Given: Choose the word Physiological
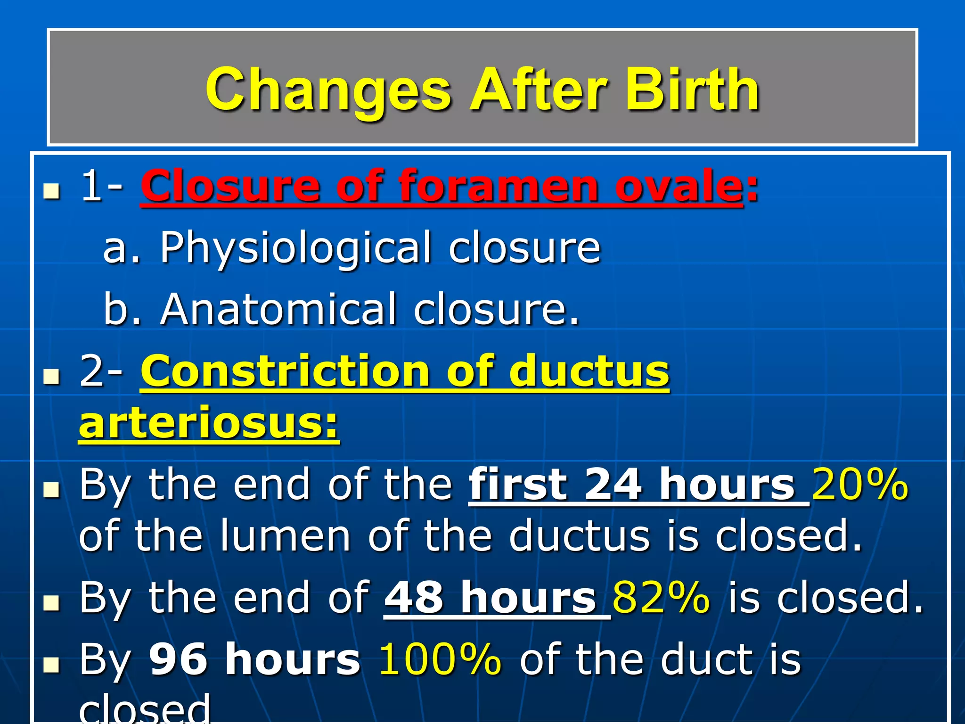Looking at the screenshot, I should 295,248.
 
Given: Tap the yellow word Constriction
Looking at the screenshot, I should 285,371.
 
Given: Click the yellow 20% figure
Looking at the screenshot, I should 859,485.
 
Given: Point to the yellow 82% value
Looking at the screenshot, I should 661,598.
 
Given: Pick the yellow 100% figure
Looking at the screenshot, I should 440,659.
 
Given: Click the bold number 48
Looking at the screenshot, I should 414,598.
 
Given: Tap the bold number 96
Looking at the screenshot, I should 178,659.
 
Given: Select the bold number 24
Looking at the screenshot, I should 613,485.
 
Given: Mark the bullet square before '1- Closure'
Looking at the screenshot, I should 51,191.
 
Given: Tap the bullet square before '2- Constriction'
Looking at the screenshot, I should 51,376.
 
